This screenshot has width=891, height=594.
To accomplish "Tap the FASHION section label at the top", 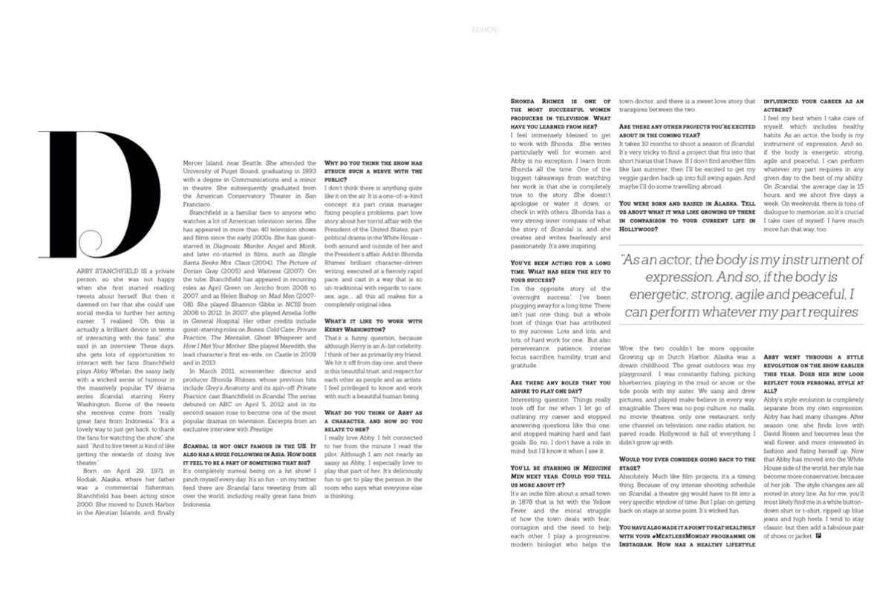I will coord(483,30).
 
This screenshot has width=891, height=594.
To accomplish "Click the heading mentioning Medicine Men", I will coord(561,472).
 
